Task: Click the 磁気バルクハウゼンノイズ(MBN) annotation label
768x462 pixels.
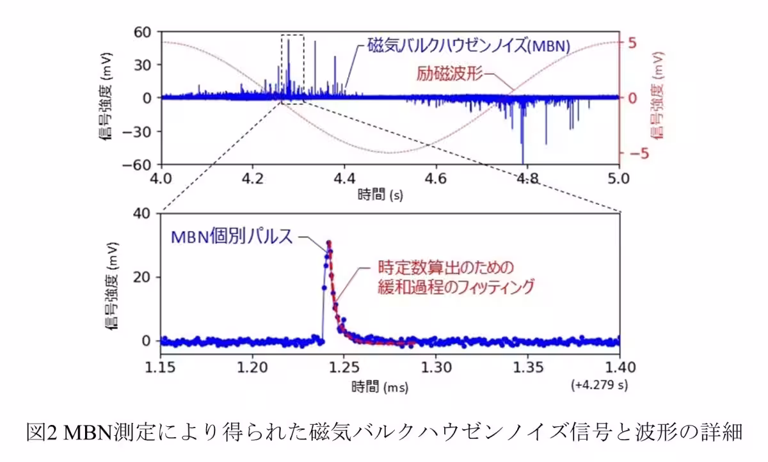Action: (468, 46)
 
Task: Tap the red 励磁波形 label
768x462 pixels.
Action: (448, 74)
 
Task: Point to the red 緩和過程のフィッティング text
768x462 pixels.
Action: (456, 288)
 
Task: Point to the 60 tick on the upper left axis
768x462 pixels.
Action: (141, 31)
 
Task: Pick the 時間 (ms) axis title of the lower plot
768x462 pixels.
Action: (380, 387)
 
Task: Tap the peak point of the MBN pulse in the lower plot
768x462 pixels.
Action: (329, 243)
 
